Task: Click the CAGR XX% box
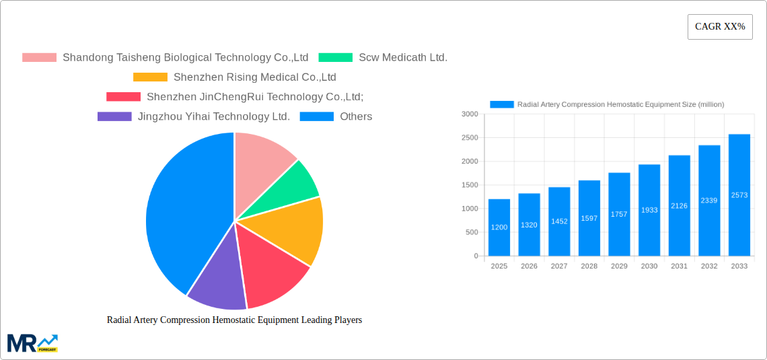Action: point(720,27)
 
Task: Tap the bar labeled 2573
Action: point(739,195)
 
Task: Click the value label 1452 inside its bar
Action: point(559,221)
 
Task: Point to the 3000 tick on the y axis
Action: point(470,114)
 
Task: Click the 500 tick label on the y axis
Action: point(471,233)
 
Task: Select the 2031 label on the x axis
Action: point(679,266)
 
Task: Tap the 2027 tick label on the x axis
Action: point(559,266)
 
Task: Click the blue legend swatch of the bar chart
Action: point(502,104)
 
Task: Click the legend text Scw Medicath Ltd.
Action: point(403,58)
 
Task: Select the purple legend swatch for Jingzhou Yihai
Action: point(114,116)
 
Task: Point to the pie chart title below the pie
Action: point(234,320)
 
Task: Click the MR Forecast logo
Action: point(32,343)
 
